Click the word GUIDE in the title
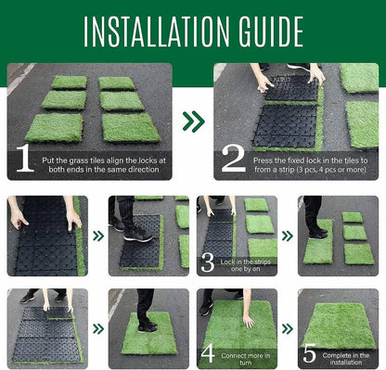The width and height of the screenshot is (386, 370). coord(269,30)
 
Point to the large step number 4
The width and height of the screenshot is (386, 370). coord(209,352)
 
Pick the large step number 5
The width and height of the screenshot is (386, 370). coord(308,352)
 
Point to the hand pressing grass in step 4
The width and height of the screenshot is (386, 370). coord(248,320)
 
